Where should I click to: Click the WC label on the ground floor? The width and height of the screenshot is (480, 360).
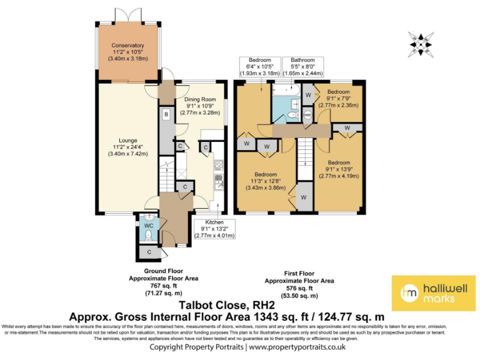tap(149, 225)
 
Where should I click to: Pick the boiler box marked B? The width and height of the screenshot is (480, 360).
tap(166, 115)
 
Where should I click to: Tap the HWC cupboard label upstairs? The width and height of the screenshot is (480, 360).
tap(307, 115)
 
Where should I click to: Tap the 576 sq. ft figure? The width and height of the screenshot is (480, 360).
tap(299, 289)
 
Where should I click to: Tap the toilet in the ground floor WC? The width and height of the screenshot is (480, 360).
tap(148, 235)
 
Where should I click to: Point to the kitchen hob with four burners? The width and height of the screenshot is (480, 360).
tap(219, 166)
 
